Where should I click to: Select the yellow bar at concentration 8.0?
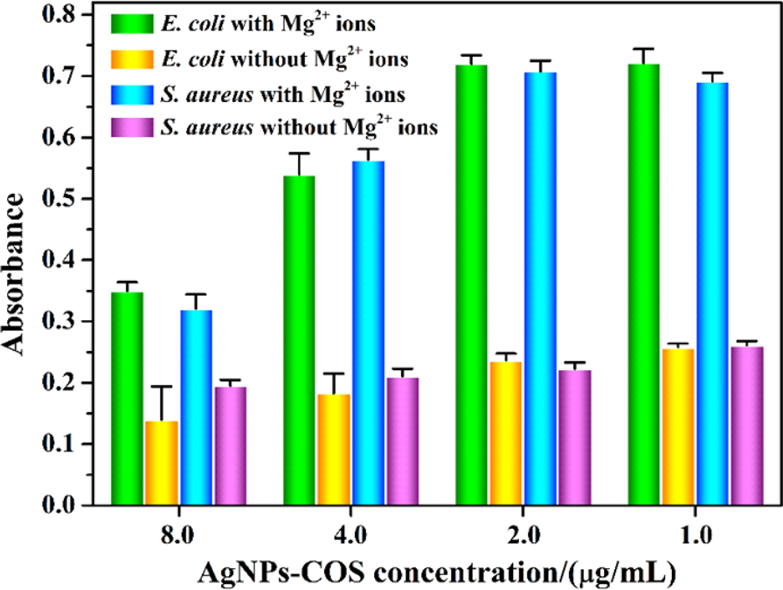tap(162, 463)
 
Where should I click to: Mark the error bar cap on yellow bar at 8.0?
tap(162, 387)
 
